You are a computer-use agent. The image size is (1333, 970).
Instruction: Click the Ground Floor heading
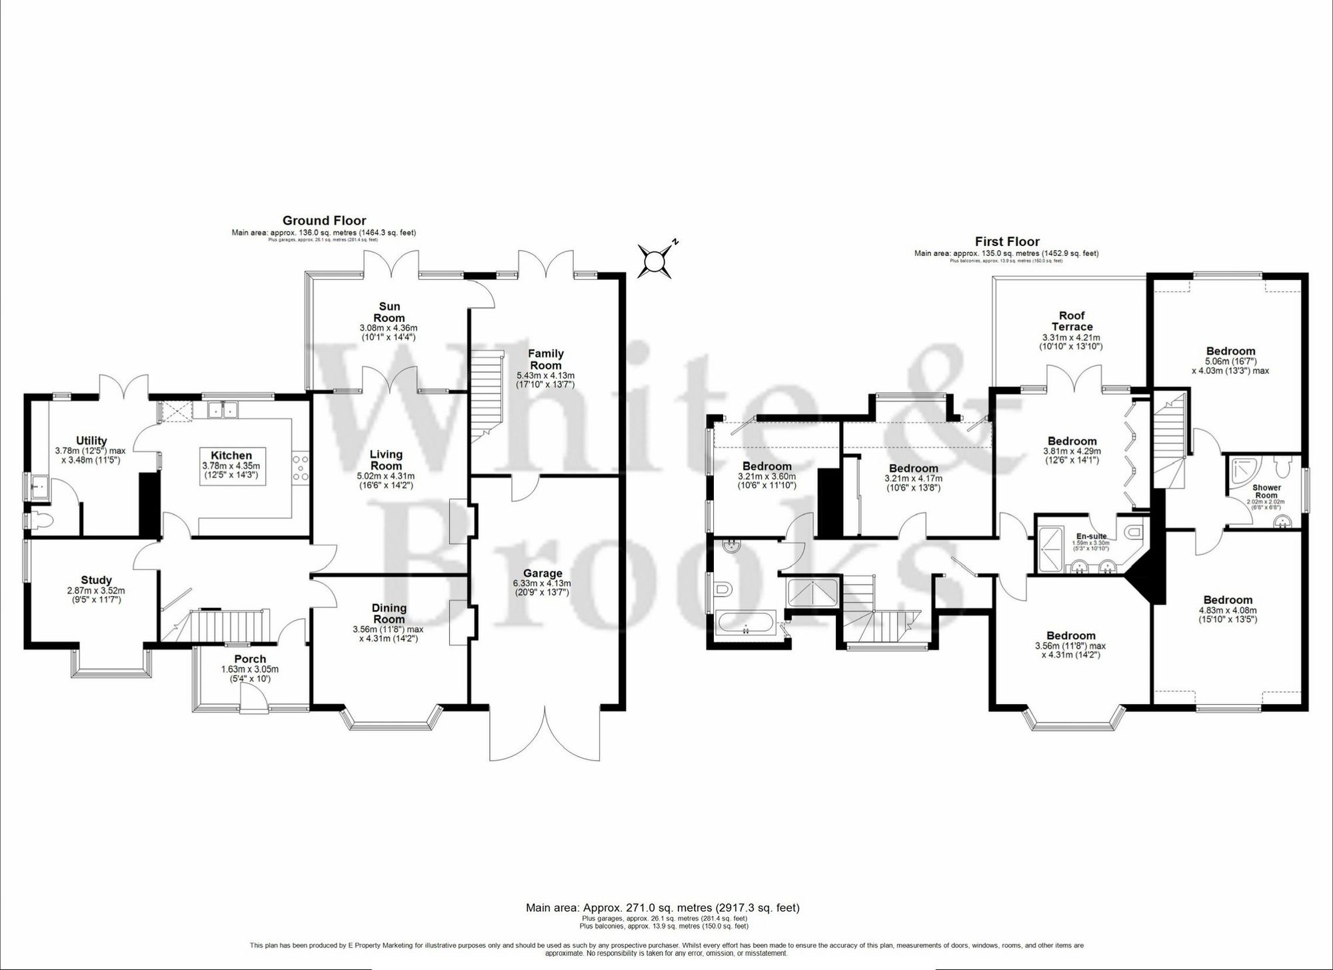[324, 221]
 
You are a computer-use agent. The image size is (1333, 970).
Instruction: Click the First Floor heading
[1006, 241]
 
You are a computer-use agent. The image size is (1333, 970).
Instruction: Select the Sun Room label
[389, 311]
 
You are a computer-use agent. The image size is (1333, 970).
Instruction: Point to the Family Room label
[545, 359]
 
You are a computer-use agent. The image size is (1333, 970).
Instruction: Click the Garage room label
[543, 573]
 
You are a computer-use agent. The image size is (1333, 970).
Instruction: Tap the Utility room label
[91, 441]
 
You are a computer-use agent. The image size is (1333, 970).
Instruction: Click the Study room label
[96, 580]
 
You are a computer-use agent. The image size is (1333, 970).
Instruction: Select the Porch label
[250, 659]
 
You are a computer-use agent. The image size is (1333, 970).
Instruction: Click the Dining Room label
[389, 613]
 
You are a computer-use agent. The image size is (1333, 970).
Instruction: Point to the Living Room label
[386, 460]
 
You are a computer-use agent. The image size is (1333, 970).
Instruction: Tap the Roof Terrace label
[1072, 321]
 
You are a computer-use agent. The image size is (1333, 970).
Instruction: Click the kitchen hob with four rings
[299, 467]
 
